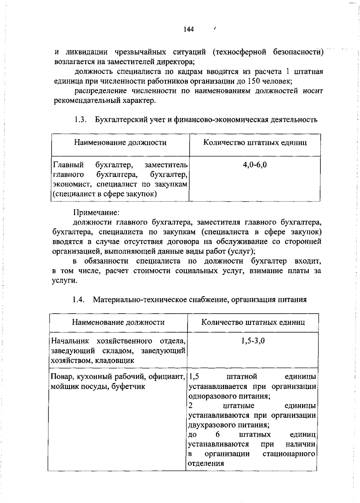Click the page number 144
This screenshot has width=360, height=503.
click(x=189, y=29)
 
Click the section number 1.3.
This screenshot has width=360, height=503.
click(x=81, y=120)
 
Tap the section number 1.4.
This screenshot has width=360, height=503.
click(x=78, y=300)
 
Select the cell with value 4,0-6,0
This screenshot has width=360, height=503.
click(x=255, y=164)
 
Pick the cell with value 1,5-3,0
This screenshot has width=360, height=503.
click(x=253, y=341)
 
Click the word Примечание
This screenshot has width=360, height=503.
click(x=97, y=213)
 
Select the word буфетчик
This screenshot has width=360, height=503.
click(x=128, y=387)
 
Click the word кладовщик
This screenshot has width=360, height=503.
click(x=115, y=360)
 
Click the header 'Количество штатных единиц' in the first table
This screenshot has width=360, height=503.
click(x=255, y=142)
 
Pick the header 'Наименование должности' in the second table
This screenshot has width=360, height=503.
click(x=118, y=322)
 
